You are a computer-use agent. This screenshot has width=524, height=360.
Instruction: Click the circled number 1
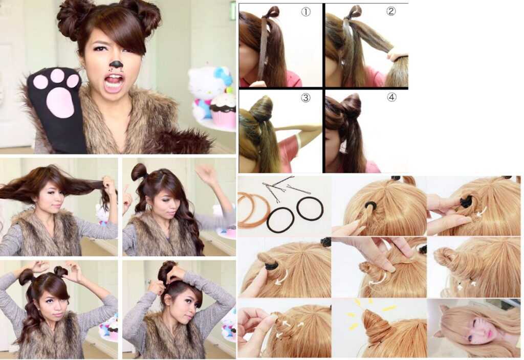[x=305, y=12]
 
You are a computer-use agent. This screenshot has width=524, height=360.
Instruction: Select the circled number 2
[x=391, y=11]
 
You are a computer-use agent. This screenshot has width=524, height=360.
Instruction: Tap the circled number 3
[x=305, y=98]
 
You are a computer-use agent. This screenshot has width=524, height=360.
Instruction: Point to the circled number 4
[x=391, y=97]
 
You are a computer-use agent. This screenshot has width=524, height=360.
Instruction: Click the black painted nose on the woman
[x=116, y=64]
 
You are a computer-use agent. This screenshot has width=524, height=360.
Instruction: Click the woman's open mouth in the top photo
[x=113, y=82]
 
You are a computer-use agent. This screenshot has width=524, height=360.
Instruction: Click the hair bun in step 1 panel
[x=271, y=12]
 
